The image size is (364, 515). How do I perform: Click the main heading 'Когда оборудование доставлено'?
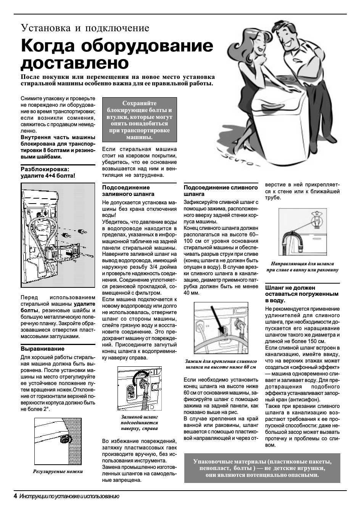117,54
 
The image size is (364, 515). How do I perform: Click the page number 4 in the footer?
15,496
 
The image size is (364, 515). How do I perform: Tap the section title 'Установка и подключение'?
85,28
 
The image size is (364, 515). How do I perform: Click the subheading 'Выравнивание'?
42,348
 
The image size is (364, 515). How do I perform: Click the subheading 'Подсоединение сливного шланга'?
221,191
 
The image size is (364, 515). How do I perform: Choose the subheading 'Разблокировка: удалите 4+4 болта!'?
48,172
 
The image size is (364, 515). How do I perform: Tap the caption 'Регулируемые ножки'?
58,471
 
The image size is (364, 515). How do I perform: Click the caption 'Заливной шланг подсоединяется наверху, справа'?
139,422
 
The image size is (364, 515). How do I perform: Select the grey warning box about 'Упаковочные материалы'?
262,468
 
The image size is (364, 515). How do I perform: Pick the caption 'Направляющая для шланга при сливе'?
302,266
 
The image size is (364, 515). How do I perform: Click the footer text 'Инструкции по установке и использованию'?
69,496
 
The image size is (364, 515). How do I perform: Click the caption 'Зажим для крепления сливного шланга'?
221,364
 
